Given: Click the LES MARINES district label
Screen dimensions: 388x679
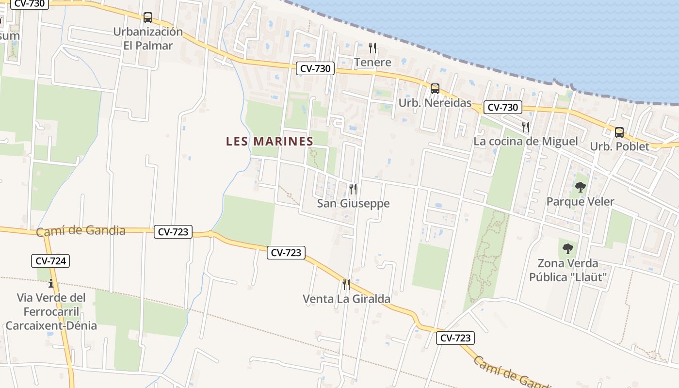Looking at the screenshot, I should pyautogui.click(x=270, y=141).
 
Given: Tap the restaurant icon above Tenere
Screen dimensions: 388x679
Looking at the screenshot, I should pyautogui.click(x=372, y=48).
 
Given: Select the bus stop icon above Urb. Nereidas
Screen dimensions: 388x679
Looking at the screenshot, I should pyautogui.click(x=435, y=88).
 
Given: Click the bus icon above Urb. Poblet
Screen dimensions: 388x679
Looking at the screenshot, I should pyautogui.click(x=619, y=132).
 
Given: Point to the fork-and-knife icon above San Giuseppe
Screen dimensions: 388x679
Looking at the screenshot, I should pyautogui.click(x=353, y=189).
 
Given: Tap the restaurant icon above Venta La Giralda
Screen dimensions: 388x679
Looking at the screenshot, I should pyautogui.click(x=346, y=284).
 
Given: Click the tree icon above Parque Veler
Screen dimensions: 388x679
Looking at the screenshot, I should pyautogui.click(x=580, y=187).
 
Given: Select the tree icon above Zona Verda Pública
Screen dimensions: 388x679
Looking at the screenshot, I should pyautogui.click(x=568, y=249).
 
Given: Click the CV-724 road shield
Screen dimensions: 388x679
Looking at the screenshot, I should pyautogui.click(x=51, y=261).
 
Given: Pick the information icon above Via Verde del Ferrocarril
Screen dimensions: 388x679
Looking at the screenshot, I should pyautogui.click(x=51, y=283).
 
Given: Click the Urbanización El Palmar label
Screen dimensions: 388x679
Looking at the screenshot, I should pyautogui.click(x=148, y=39).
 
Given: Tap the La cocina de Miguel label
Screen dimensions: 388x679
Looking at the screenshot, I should pyautogui.click(x=526, y=142).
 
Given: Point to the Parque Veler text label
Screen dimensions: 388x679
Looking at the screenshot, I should pyautogui.click(x=580, y=202).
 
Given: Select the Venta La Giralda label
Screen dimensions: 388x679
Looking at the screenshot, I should pyautogui.click(x=346, y=299).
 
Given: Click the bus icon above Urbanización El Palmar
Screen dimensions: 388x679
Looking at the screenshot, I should pyautogui.click(x=148, y=17).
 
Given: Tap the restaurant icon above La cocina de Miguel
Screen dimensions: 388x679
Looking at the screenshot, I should pyautogui.click(x=526, y=127).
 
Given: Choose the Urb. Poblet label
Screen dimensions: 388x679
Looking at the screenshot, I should pyautogui.click(x=619, y=146).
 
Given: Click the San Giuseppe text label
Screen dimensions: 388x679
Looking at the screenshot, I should pyautogui.click(x=353, y=203).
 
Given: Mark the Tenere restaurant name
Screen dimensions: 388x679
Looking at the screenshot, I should pyautogui.click(x=372, y=62).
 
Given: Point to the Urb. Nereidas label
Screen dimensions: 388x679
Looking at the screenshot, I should pyautogui.click(x=435, y=103).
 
